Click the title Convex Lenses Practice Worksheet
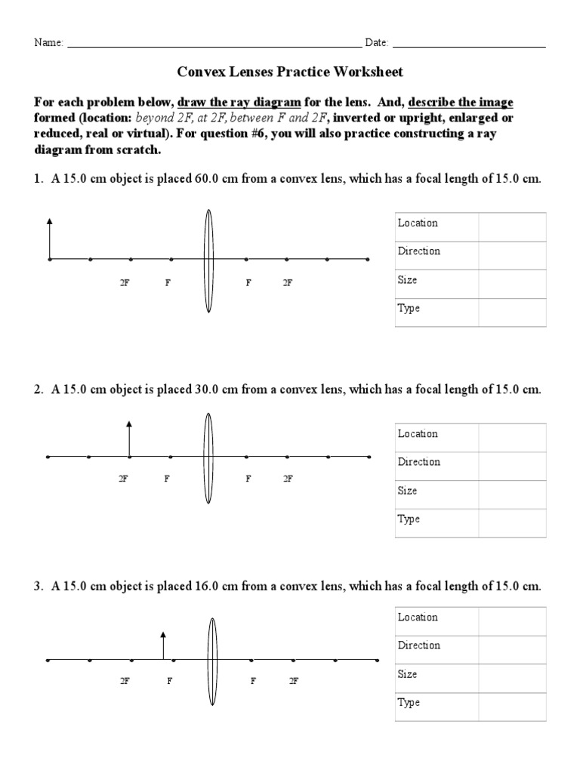(290, 72)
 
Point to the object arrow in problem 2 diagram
(129, 439)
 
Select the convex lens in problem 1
(209, 260)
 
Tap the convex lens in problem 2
(209, 457)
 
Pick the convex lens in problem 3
(212, 660)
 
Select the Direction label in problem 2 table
(419, 462)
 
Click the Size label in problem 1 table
(408, 280)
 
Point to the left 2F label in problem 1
(124, 282)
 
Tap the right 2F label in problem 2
(287, 479)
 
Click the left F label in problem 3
(170, 681)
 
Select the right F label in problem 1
(248, 282)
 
